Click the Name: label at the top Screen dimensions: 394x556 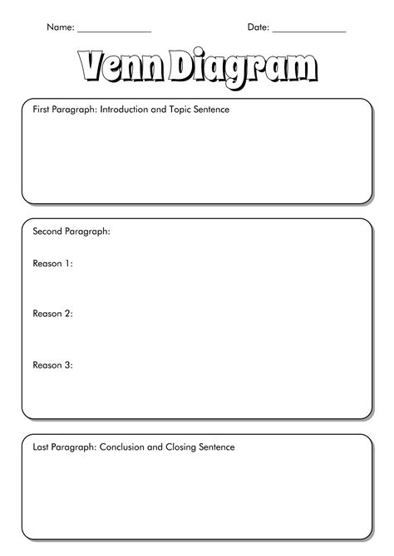pos(60,27)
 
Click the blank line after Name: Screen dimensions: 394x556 pos(115,30)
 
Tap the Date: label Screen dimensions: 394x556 pos(258,27)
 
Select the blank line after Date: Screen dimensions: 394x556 pos(308,30)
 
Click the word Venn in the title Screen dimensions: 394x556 pos(121,67)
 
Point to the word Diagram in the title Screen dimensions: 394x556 pos(242,69)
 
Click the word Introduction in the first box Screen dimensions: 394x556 pos(126,109)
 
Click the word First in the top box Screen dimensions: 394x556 pos(42,109)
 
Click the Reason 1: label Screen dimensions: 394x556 pos(52,264)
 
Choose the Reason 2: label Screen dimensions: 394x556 pos(52,314)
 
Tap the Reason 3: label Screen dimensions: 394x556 pos(52,364)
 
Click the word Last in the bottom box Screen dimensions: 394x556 pos(41,447)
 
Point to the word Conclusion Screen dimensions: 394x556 pos(124,447)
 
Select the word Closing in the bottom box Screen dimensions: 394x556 pos(185,447)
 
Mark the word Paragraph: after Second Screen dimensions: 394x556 pos(88,232)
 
